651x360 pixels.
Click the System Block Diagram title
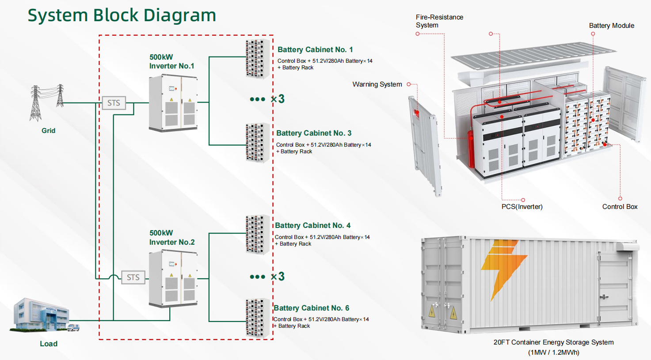(x=122, y=15)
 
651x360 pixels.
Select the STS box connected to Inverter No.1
(x=114, y=103)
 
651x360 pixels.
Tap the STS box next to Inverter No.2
(x=133, y=277)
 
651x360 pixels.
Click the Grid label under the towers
(x=48, y=131)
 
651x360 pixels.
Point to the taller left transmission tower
(x=35, y=103)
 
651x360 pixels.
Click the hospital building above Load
(x=42, y=315)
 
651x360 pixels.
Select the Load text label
(x=49, y=344)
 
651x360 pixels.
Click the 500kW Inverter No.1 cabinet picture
(x=173, y=103)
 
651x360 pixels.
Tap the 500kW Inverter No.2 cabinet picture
(x=173, y=279)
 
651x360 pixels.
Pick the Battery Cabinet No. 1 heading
(x=315, y=49)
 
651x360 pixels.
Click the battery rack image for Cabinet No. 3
(x=257, y=143)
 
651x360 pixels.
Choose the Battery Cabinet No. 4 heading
(x=312, y=225)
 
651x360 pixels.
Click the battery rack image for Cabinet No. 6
(x=257, y=318)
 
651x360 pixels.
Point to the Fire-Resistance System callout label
(x=439, y=21)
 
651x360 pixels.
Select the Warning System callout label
(x=377, y=84)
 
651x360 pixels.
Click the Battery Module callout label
(x=611, y=26)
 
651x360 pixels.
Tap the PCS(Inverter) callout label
(x=522, y=207)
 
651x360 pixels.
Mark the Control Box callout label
(x=620, y=207)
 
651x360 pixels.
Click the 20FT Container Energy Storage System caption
(x=553, y=342)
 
